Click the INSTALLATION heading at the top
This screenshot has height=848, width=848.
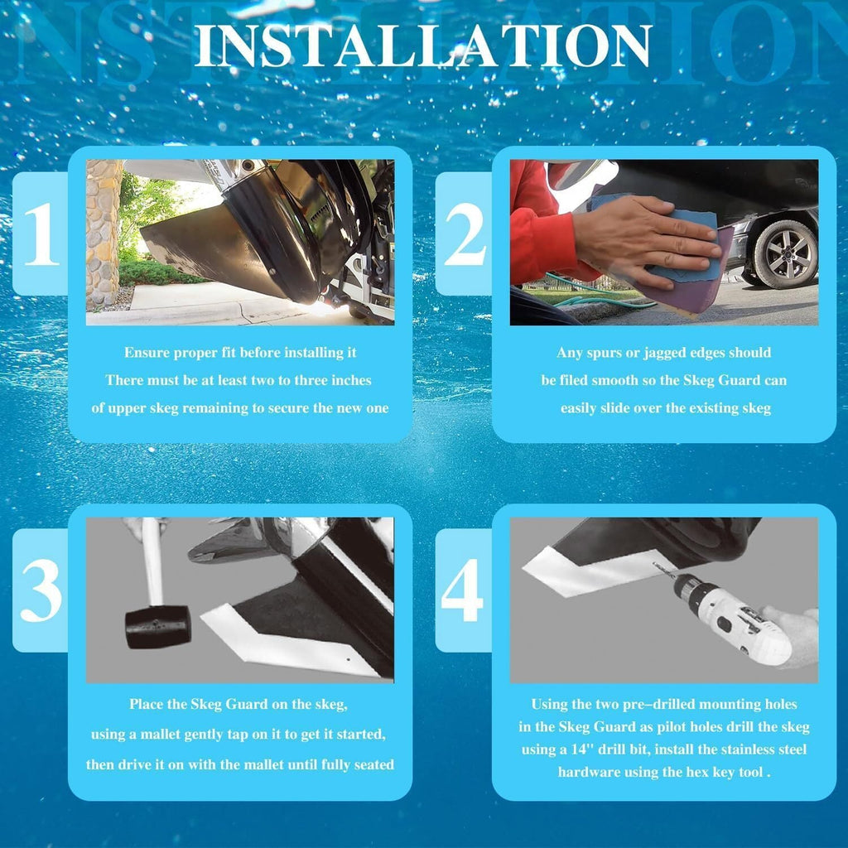tap(423, 46)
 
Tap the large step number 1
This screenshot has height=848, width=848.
tap(41, 234)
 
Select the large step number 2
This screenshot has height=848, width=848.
tap(465, 236)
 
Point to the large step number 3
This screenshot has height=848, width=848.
tap(41, 590)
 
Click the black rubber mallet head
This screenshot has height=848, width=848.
tap(158, 626)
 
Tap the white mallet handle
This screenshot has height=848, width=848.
tap(152, 561)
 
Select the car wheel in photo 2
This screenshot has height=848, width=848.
tap(785, 253)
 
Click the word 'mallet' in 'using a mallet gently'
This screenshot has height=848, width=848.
tap(160, 734)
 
